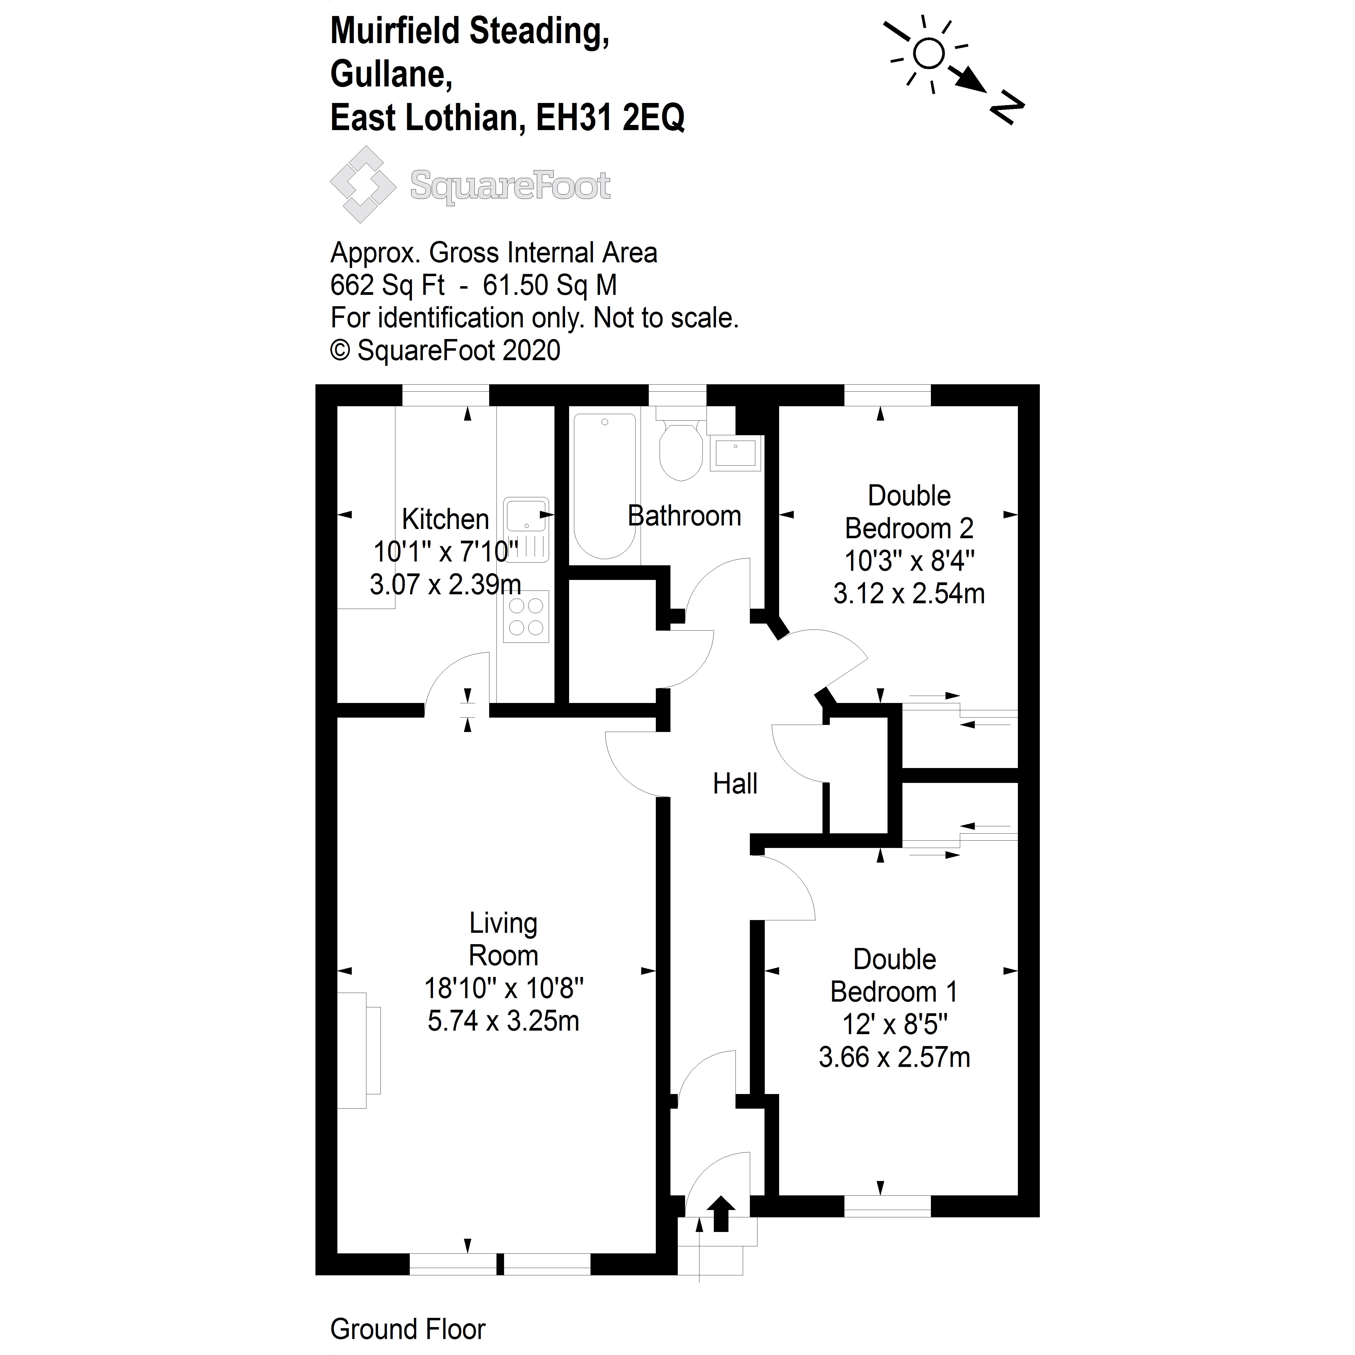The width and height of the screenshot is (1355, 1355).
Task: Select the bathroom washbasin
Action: click(735, 453)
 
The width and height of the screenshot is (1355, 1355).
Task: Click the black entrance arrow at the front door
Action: click(721, 1214)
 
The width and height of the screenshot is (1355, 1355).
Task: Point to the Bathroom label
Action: click(684, 516)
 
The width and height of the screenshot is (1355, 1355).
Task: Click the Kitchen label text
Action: click(445, 520)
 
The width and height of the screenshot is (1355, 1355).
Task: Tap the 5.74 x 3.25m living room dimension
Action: click(504, 1021)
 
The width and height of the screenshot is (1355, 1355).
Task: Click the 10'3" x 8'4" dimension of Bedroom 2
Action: click(909, 561)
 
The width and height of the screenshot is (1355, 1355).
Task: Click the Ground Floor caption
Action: click(408, 1329)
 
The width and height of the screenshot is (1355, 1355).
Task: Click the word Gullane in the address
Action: click(391, 74)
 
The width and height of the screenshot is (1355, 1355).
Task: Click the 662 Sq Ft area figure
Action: click(387, 285)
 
